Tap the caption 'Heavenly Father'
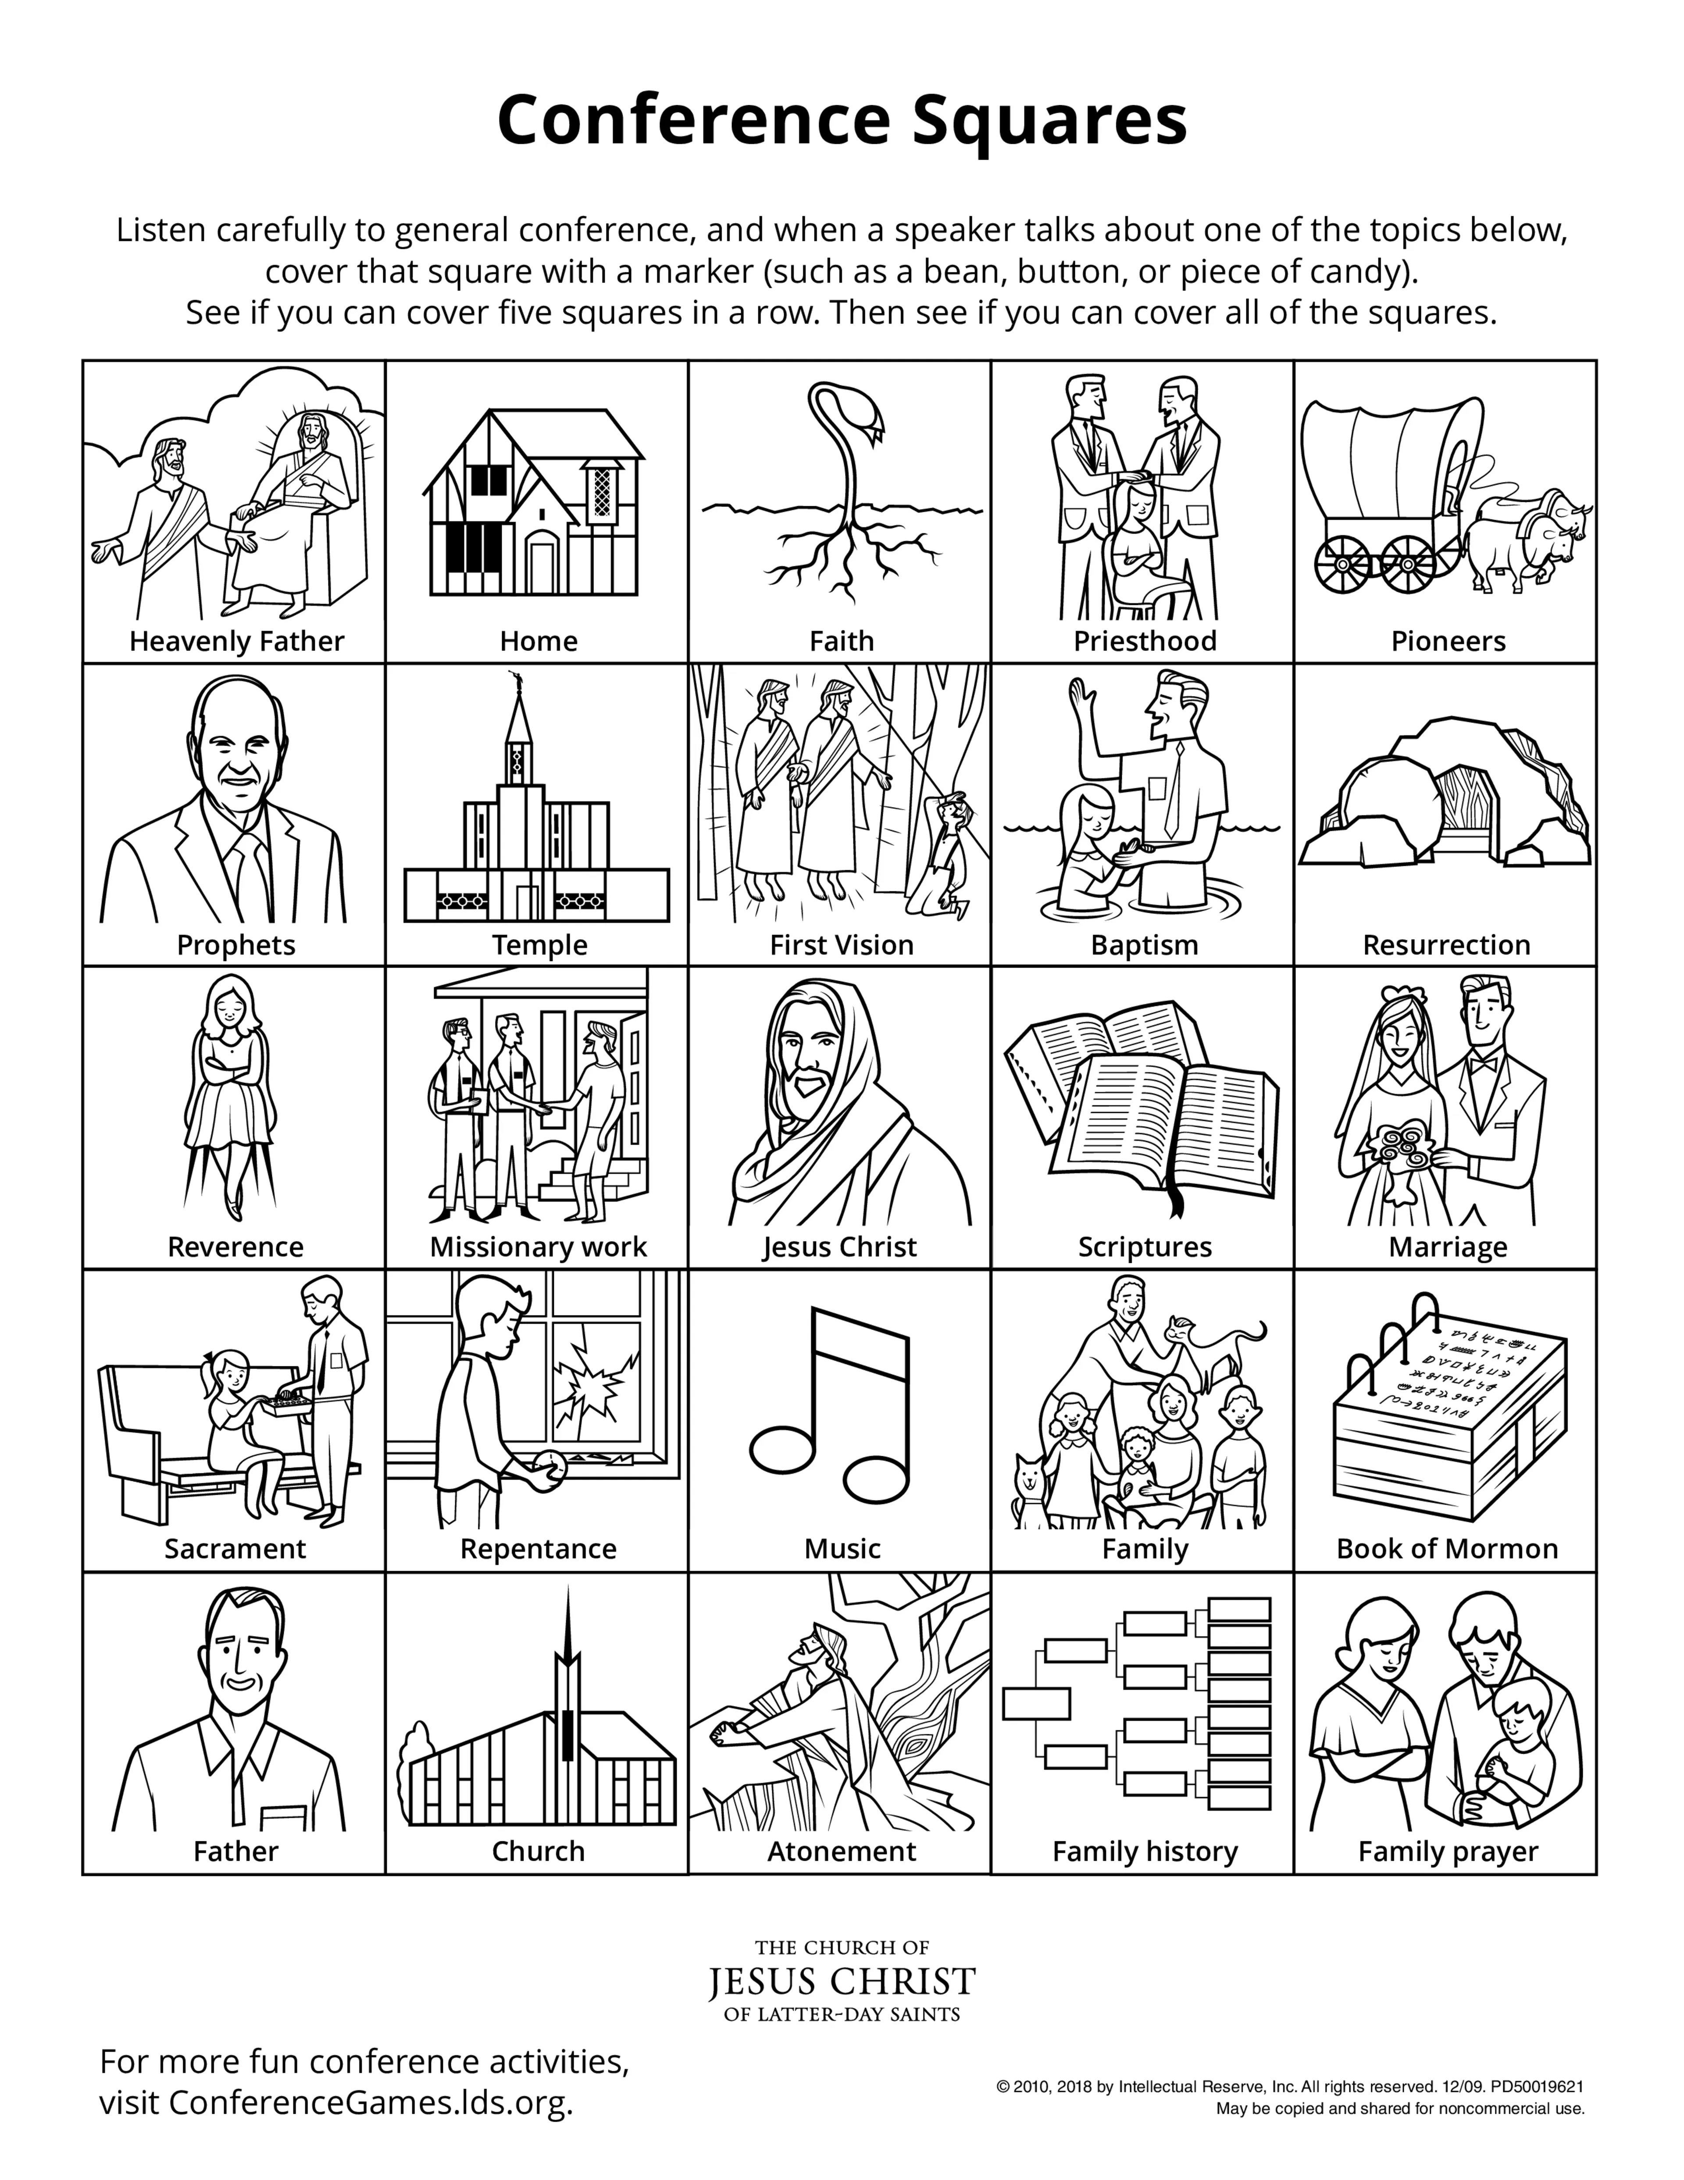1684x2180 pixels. click(x=236, y=641)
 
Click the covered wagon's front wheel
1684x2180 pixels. click(x=1407, y=564)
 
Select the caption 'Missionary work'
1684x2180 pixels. click(x=538, y=1247)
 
